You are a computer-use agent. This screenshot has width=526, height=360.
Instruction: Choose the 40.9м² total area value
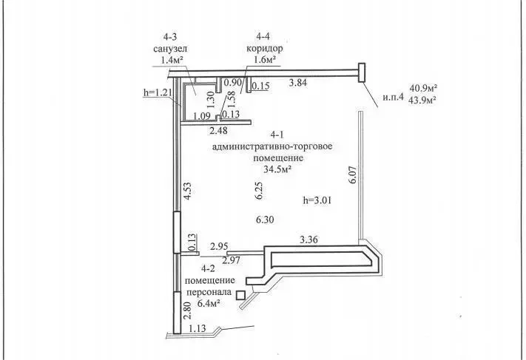[x=419, y=87]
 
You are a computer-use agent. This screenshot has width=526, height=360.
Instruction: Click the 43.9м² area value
[x=419, y=100]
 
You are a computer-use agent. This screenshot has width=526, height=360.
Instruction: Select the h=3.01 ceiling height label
[x=320, y=200]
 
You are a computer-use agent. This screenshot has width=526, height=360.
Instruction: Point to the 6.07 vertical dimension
[x=353, y=175]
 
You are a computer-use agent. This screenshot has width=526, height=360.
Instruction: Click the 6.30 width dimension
[x=266, y=220]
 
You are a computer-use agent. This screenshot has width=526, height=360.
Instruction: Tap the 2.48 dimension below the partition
[x=219, y=130]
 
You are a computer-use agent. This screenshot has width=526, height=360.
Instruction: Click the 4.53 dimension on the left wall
[x=189, y=192]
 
